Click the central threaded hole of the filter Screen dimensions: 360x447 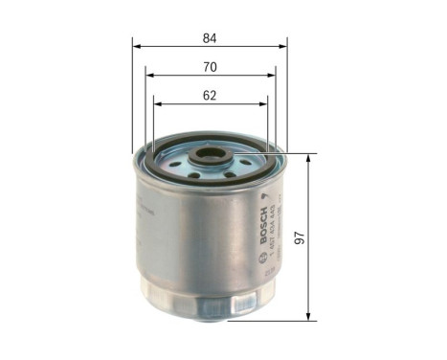point(207,155)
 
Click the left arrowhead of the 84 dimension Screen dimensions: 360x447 point(136,45)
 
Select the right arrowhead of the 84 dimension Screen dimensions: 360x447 point(284,45)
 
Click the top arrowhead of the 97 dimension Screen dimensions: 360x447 point(308,156)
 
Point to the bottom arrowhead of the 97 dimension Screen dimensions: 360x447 point(308,318)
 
